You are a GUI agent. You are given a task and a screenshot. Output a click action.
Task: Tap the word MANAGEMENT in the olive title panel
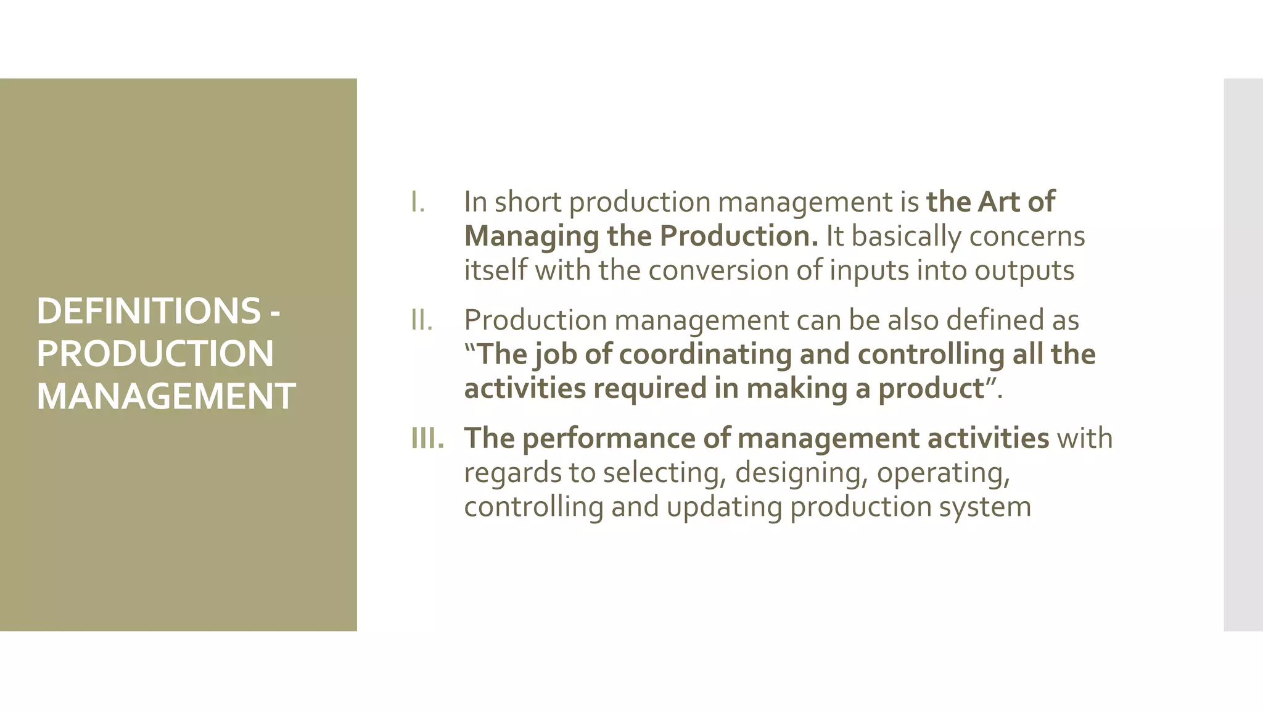tap(166, 396)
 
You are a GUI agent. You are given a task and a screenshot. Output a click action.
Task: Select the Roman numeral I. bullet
tap(418, 202)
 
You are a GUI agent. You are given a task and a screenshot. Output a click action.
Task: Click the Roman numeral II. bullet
tap(422, 320)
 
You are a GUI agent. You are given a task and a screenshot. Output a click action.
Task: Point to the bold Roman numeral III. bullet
tap(427, 438)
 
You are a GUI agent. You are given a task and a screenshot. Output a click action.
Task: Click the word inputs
tap(869, 270)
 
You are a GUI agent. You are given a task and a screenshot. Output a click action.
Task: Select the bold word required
tap(650, 388)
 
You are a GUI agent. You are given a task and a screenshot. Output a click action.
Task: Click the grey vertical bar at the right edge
tap(1243, 355)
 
